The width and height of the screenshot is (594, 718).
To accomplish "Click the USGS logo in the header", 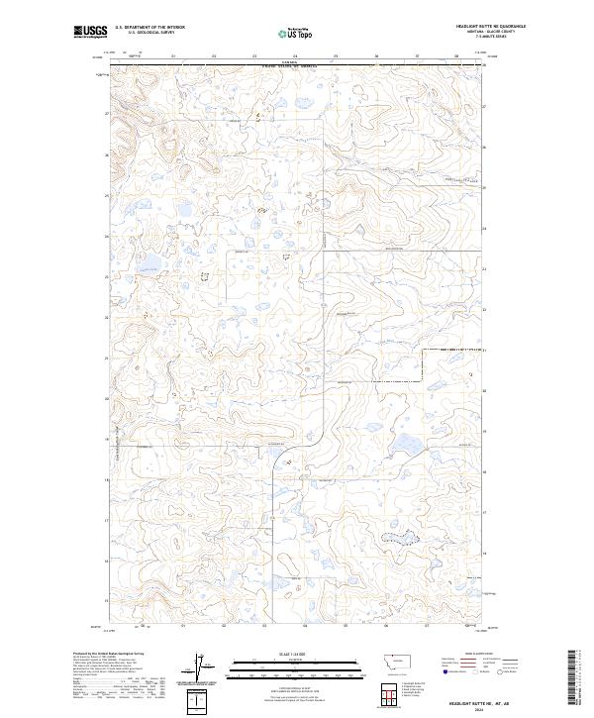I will coord(88,33).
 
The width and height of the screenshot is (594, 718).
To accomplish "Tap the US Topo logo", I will coord(297,33).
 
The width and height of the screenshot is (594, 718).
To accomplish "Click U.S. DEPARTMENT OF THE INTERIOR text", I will coord(149,28).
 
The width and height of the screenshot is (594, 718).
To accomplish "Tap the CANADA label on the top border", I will coord(288,61).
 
